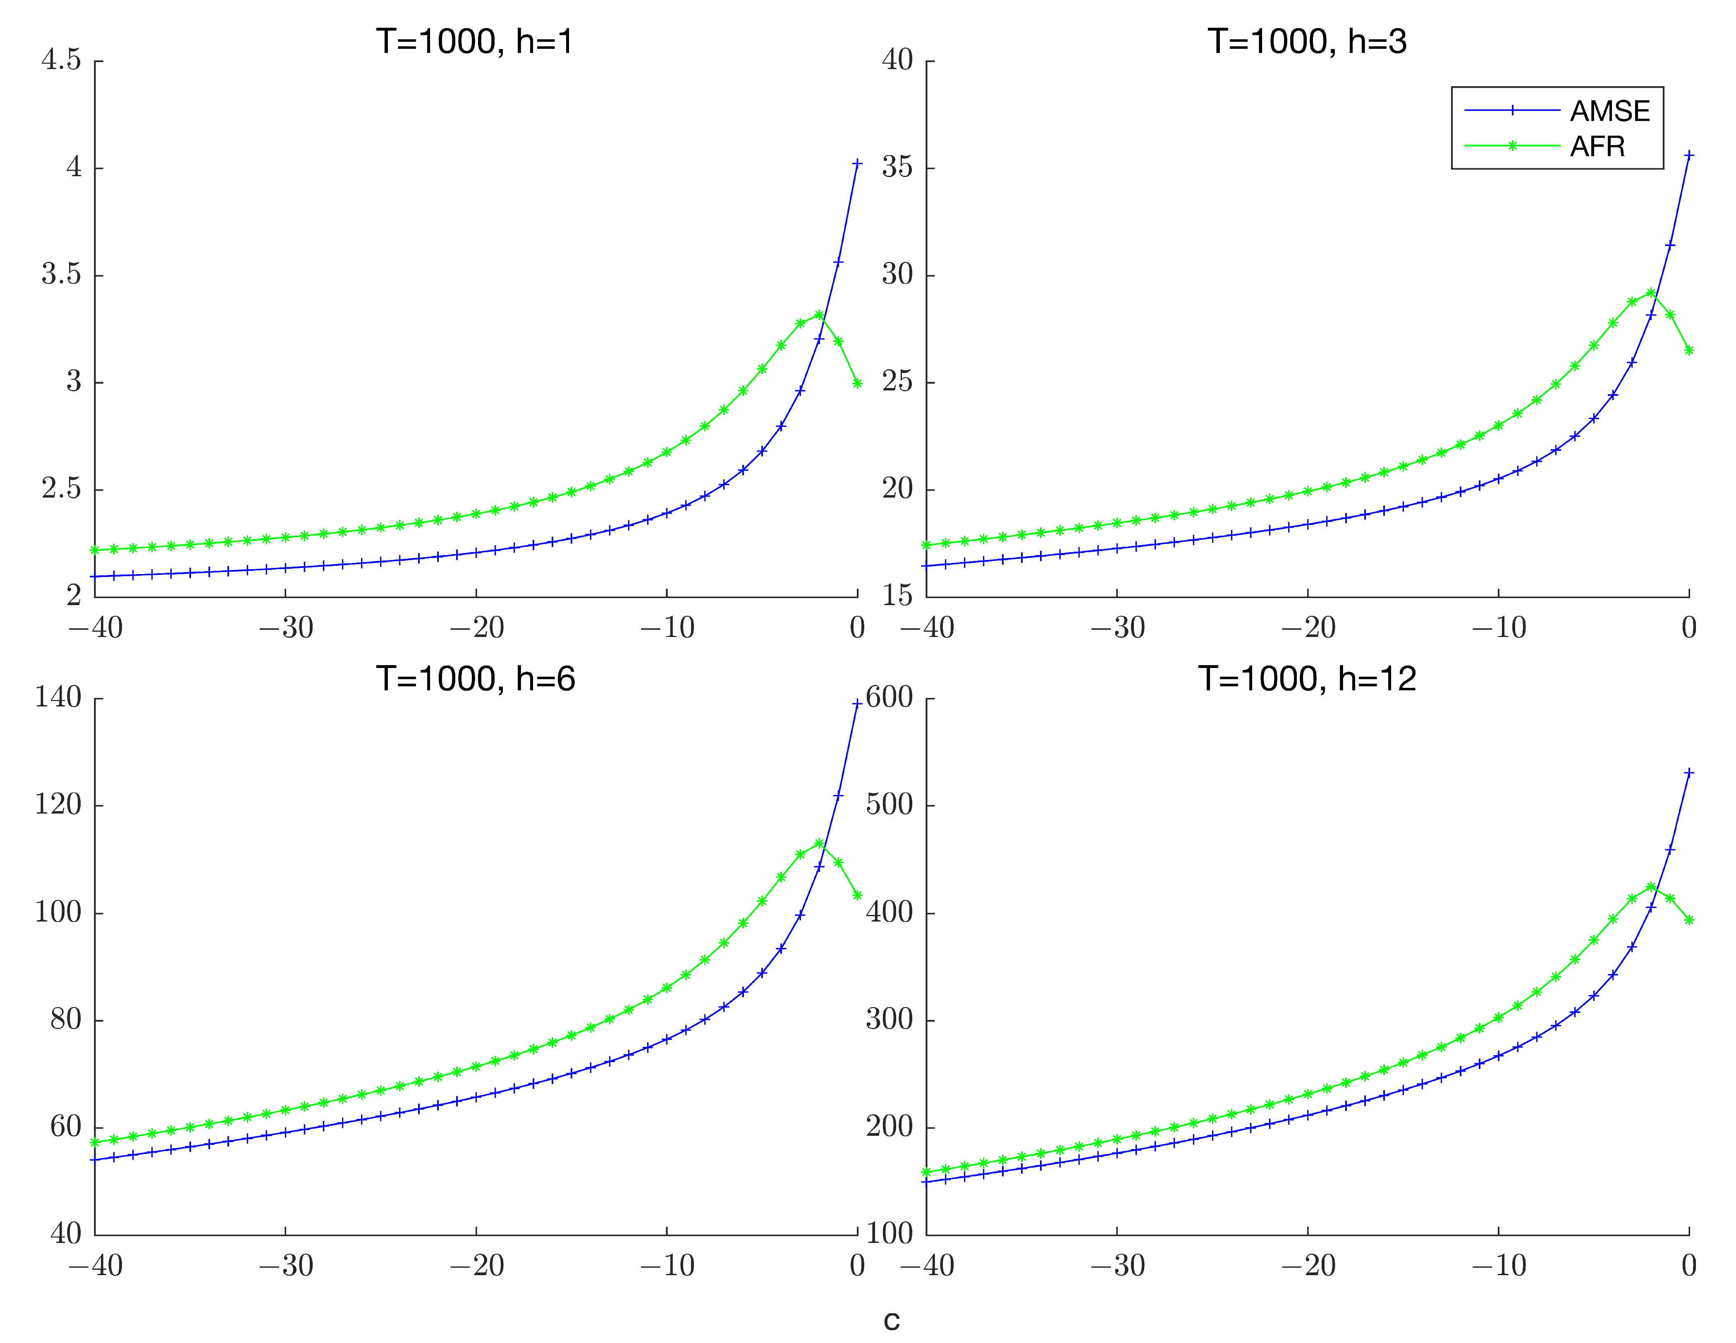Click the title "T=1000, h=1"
[x=475, y=41]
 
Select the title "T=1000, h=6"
[x=475, y=679]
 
